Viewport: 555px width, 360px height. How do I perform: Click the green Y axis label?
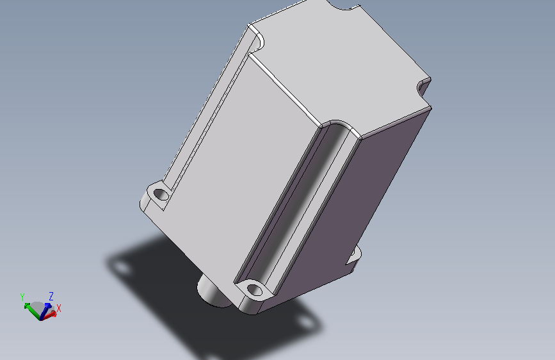[22, 297]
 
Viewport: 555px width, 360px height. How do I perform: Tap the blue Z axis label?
[51, 296]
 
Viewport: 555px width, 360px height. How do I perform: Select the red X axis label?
[59, 308]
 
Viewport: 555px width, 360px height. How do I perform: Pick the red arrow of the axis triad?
[49, 315]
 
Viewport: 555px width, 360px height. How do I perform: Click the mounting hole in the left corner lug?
[161, 194]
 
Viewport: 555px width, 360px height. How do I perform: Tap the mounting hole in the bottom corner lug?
[255, 290]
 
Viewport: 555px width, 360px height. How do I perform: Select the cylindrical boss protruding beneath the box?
[213, 291]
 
